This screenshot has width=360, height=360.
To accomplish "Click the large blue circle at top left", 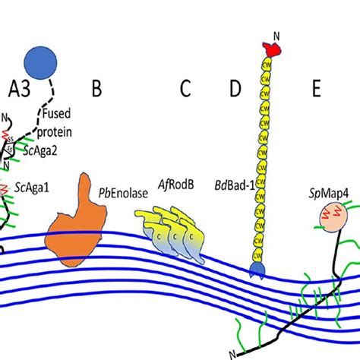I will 45,62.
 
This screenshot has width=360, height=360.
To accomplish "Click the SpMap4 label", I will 327,194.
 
